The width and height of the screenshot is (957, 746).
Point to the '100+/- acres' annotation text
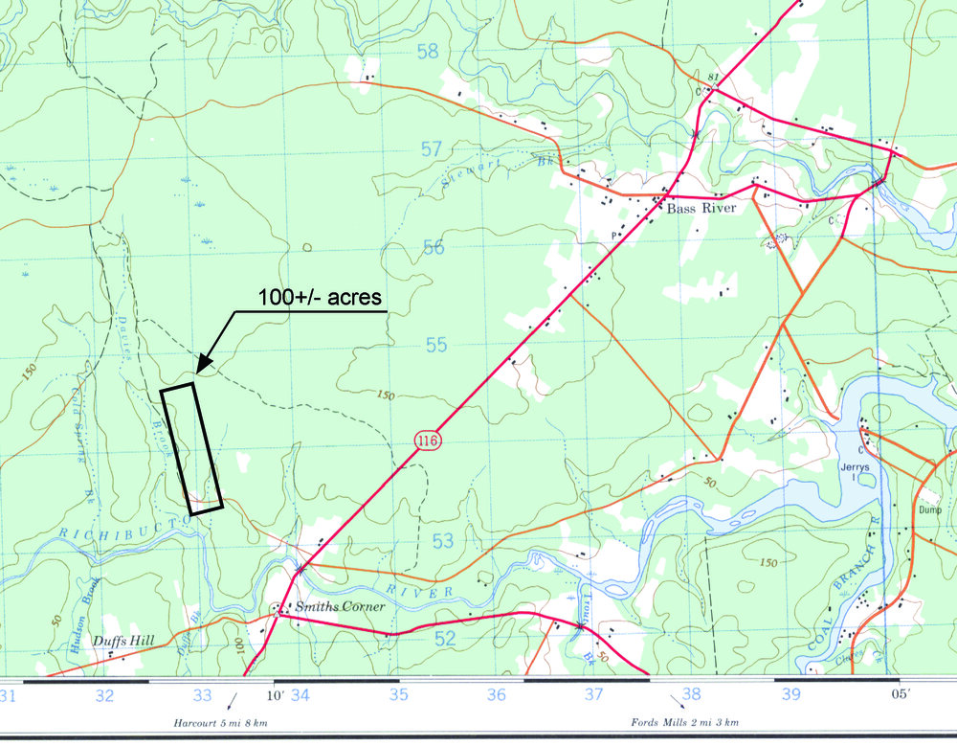320,298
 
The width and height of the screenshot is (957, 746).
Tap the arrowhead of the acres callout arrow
199,370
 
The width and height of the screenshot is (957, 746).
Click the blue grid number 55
436,344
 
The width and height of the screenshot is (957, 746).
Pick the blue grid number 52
444,639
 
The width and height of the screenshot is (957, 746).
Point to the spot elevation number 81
711,77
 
